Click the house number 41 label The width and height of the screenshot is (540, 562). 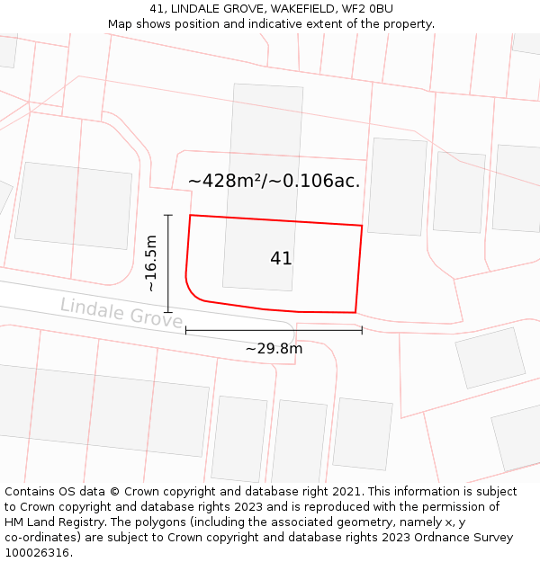(281, 258)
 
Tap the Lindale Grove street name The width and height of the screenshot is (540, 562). (121, 312)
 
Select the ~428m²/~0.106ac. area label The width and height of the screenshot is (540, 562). (274, 181)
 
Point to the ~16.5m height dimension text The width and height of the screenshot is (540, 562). (151, 263)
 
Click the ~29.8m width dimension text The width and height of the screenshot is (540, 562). (274, 348)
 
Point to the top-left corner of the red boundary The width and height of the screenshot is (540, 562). (190, 216)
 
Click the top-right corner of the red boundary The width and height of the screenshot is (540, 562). (362, 226)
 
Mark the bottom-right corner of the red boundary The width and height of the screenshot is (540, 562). (355, 313)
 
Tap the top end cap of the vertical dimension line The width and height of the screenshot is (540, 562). (168, 215)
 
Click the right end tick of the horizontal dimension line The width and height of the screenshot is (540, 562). (362, 330)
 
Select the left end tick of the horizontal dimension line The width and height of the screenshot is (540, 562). (186, 330)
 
